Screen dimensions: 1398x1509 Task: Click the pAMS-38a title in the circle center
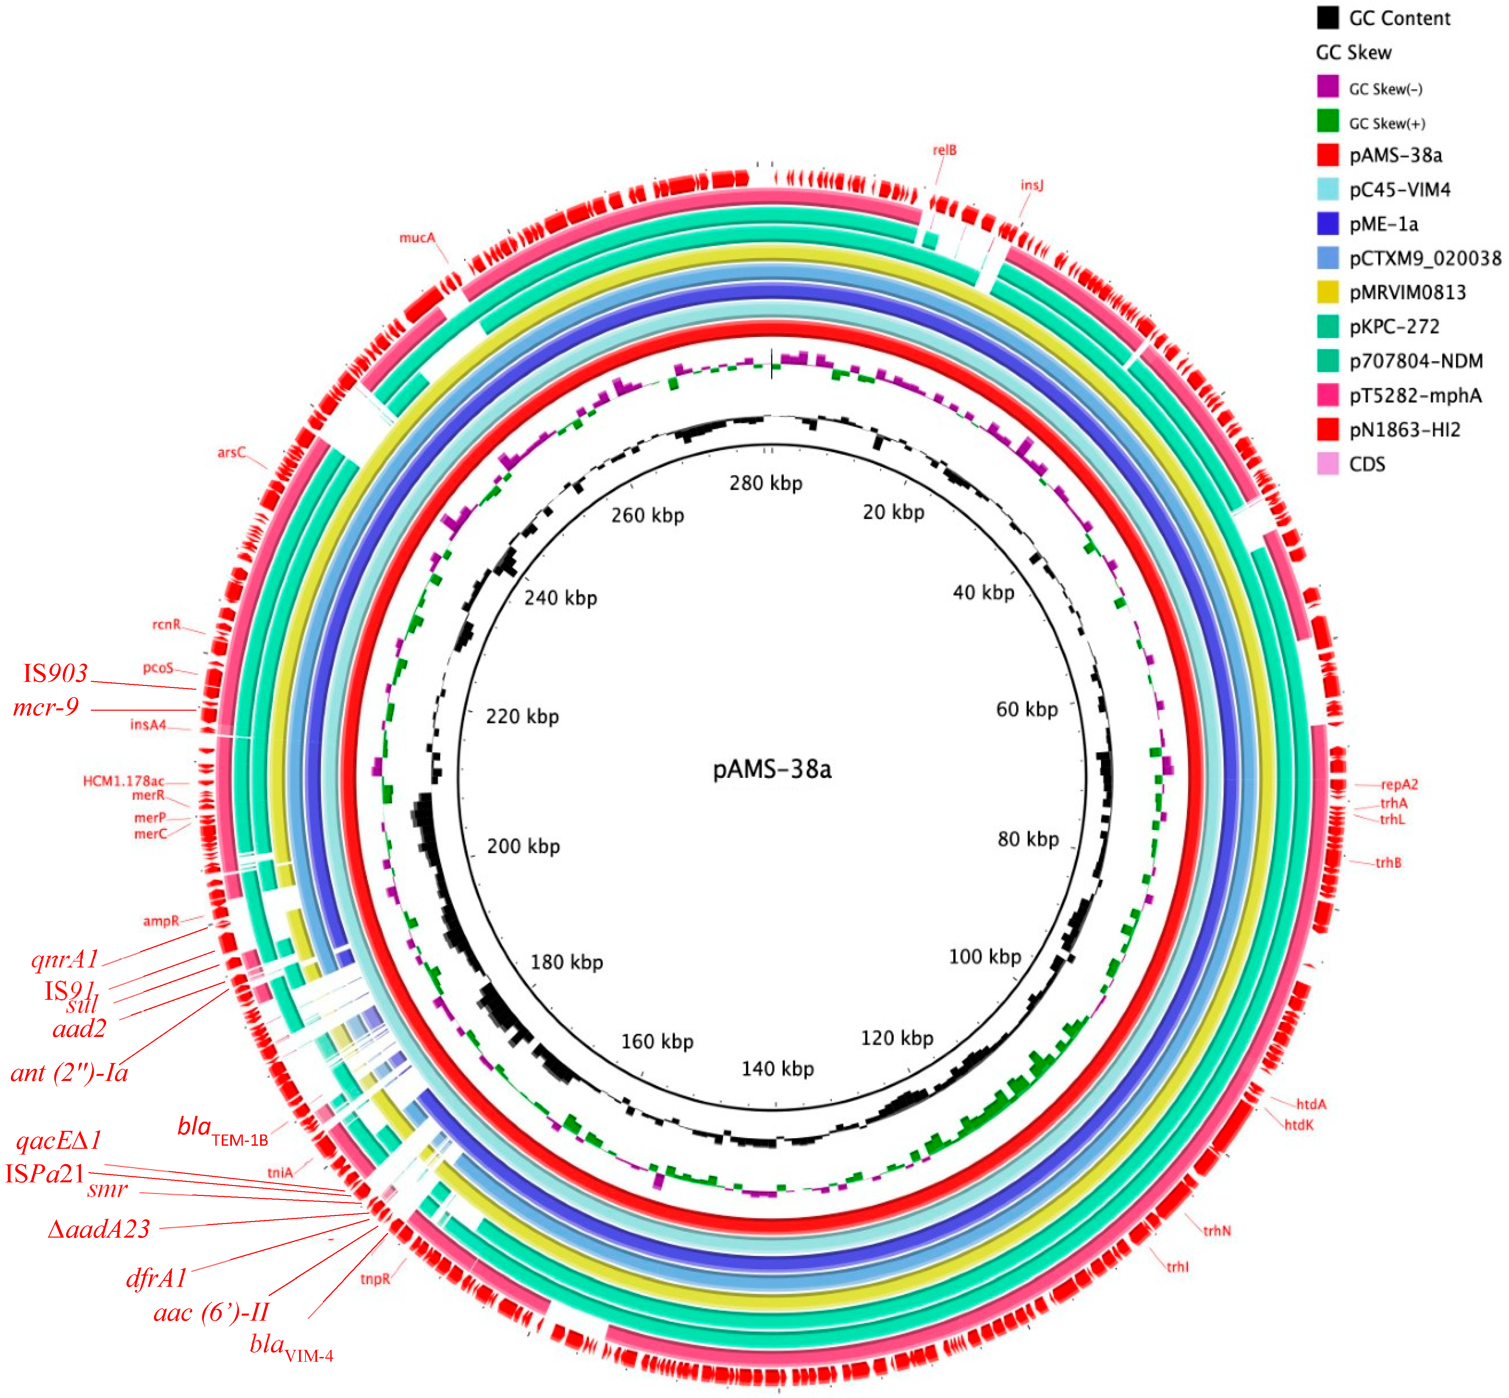pos(771,769)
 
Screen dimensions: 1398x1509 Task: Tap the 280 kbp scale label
pos(765,483)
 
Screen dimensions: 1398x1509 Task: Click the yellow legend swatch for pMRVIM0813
pos(1328,292)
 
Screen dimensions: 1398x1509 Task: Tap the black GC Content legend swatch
pos(1328,17)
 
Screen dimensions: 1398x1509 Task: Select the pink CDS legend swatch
pos(1328,464)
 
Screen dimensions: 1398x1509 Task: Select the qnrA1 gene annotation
pos(65,959)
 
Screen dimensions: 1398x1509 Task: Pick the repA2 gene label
pos(1399,785)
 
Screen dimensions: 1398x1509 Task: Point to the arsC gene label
pos(232,452)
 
